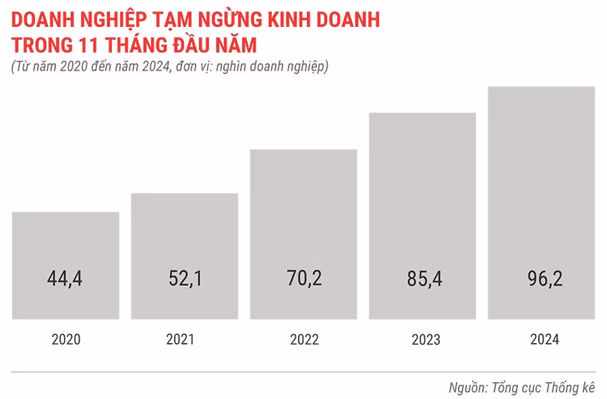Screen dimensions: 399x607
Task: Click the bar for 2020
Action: [x=65, y=243]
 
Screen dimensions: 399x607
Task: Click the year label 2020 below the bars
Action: [x=65, y=340]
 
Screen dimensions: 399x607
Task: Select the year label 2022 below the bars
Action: [x=304, y=340]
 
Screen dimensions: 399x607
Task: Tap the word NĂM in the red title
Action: [x=235, y=45]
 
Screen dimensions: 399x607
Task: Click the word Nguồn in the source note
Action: [x=467, y=388]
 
